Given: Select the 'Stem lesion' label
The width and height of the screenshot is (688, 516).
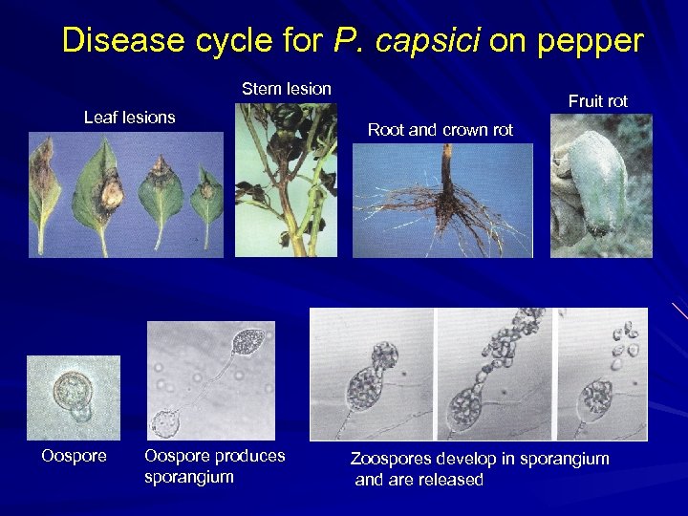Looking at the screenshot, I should click(x=287, y=89).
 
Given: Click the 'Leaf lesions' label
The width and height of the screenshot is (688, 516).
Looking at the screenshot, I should click(x=130, y=118).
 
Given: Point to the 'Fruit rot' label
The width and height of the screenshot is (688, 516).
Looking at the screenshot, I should click(x=598, y=101).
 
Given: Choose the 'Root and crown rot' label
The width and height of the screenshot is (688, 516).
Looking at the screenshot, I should click(x=441, y=130).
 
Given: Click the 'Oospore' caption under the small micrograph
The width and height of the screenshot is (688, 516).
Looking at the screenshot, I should click(x=74, y=456).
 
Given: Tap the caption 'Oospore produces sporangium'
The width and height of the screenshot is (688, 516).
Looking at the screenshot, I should click(x=214, y=466).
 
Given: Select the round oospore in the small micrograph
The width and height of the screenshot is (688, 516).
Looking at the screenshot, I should click(x=70, y=390).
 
